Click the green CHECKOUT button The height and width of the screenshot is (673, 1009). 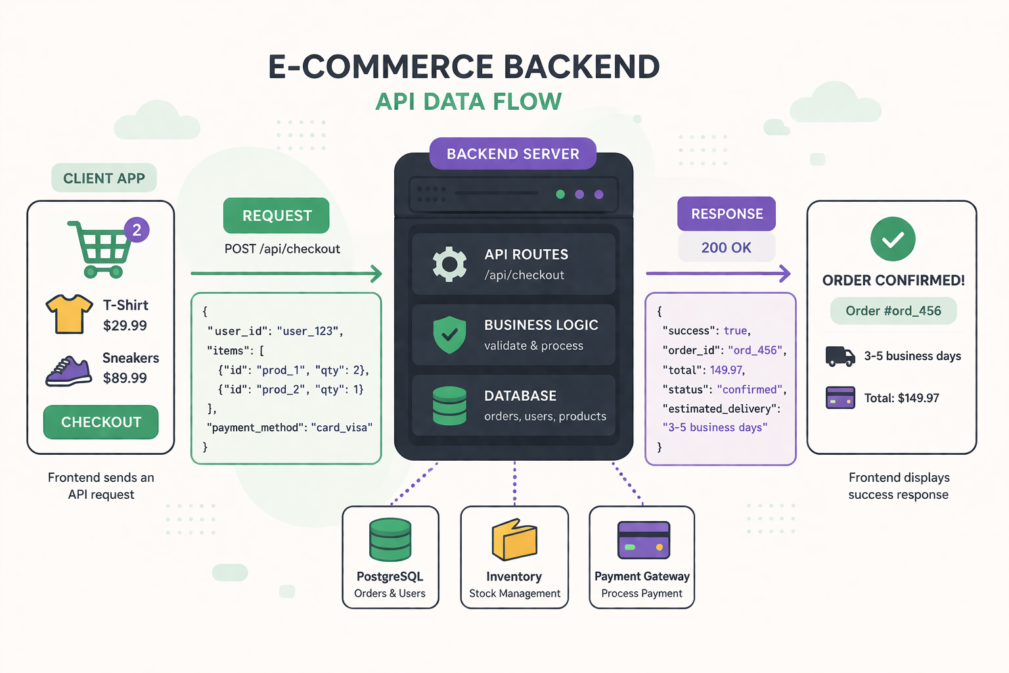click(101, 422)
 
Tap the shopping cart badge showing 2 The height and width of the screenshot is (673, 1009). click(137, 230)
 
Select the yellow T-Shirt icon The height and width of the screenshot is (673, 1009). click(69, 313)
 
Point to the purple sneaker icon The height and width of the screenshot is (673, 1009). click(68, 371)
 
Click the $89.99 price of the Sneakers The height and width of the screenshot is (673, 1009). click(125, 378)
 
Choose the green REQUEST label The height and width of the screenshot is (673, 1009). click(277, 216)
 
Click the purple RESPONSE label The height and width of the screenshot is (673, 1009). click(727, 214)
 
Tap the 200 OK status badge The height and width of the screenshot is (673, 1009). click(726, 248)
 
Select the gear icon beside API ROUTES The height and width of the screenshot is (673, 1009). click(449, 264)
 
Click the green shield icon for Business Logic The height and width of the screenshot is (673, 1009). click(449, 335)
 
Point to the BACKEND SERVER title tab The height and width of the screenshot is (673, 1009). click(512, 154)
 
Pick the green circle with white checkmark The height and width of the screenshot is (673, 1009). click(893, 239)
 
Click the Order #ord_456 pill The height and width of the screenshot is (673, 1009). click(893, 311)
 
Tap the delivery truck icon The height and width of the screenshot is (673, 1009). click(840, 356)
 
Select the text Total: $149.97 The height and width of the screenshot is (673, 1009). click(901, 398)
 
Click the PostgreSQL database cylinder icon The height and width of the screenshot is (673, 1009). click(390, 540)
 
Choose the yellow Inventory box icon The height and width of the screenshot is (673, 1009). click(514, 540)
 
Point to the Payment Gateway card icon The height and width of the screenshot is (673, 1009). click(643, 540)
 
